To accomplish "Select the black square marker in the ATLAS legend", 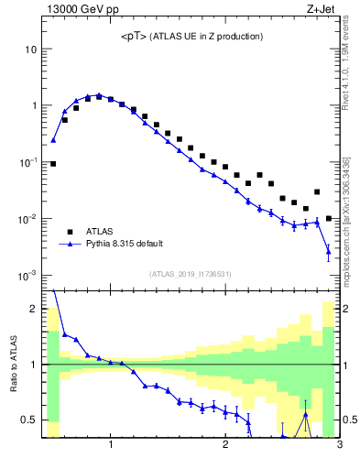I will click(x=68, y=232).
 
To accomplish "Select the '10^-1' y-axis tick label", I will click(x=27, y=162).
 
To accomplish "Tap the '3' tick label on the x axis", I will click(x=339, y=446).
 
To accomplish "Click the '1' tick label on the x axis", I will click(x=111, y=446).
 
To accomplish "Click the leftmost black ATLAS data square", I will click(x=53, y=164).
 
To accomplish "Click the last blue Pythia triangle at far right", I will click(x=328, y=251).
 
